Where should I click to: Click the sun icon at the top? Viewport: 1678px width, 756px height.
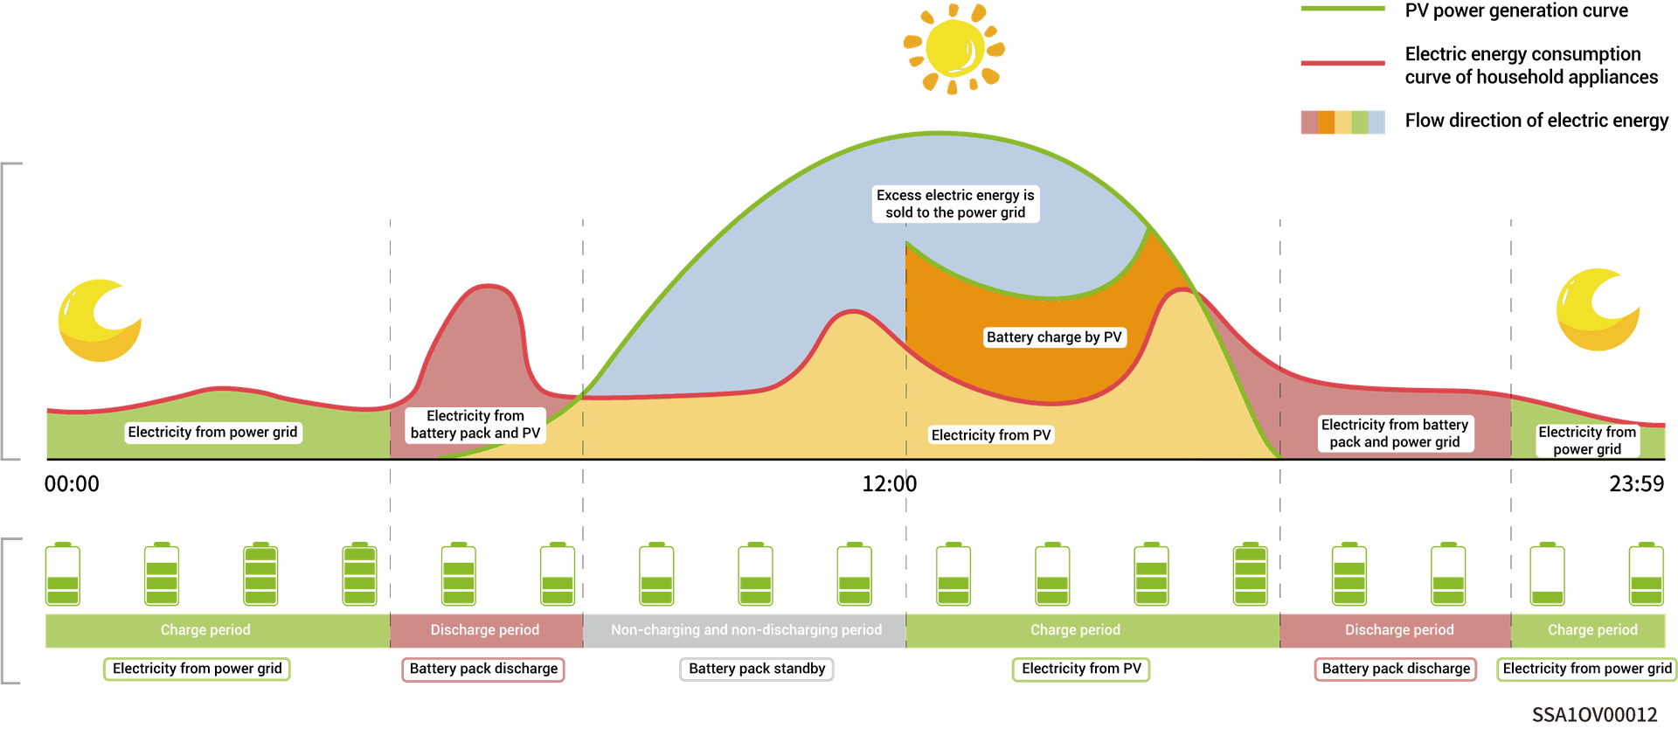point(953,48)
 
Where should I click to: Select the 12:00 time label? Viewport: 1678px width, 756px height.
point(890,484)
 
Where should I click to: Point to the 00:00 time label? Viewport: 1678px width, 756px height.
point(72,484)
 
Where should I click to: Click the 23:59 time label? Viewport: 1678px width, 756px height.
point(1637,484)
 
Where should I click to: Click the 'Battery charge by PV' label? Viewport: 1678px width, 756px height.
point(1054,337)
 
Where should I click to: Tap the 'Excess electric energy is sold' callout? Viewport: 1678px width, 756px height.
point(955,204)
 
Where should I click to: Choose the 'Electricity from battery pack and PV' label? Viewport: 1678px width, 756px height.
point(475,425)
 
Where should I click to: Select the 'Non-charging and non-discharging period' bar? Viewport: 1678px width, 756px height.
point(745,630)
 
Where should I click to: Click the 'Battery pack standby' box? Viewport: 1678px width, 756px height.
point(757,669)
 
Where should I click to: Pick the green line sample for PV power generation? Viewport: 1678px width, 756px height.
point(1342,9)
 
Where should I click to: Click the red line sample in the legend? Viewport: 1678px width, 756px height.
point(1342,63)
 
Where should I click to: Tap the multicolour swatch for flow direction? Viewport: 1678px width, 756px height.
point(1342,122)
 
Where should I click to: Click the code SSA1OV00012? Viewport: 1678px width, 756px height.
point(1594,715)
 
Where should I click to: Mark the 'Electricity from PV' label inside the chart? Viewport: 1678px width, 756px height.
point(991,435)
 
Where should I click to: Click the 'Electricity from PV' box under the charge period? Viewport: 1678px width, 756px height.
point(1081,669)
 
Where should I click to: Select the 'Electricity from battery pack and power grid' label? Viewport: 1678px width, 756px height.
point(1395,433)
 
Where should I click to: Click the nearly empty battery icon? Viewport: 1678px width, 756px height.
point(1547,574)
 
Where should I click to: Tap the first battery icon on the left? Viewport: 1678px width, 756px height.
point(62,574)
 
